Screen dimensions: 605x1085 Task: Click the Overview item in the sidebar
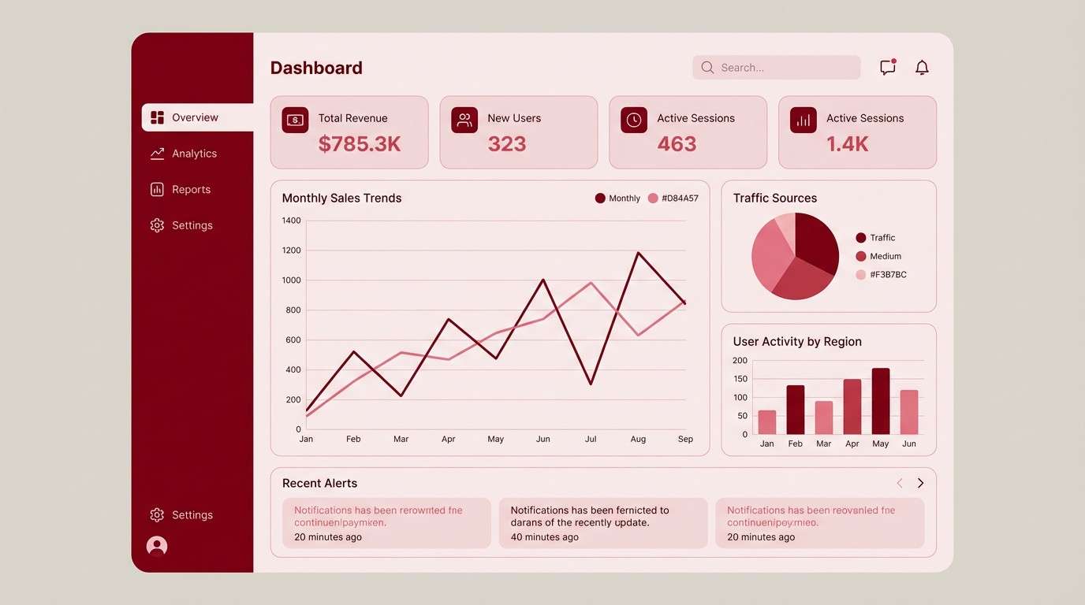(195, 117)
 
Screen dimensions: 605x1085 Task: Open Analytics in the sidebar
(194, 154)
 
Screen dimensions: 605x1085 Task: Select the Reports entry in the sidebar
(191, 190)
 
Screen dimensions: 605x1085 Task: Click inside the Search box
(777, 68)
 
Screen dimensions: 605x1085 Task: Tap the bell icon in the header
(922, 68)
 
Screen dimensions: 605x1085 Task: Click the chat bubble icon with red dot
(888, 68)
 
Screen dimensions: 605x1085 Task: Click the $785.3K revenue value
(360, 144)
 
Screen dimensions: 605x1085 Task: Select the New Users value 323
(506, 144)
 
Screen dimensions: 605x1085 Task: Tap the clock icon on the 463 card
(634, 120)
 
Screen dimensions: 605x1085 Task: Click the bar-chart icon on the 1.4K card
(803, 120)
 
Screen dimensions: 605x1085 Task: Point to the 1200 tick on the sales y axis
(292, 251)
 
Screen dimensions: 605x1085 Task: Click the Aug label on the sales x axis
(638, 439)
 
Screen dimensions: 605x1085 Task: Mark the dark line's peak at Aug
(638, 253)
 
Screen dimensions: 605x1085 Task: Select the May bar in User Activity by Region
(881, 402)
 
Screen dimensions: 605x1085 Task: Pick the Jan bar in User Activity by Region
(767, 422)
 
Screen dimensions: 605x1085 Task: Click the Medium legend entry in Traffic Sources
(885, 256)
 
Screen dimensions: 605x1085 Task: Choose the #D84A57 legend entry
(679, 199)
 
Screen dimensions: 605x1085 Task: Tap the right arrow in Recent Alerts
(920, 483)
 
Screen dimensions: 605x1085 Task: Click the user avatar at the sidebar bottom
(157, 546)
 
